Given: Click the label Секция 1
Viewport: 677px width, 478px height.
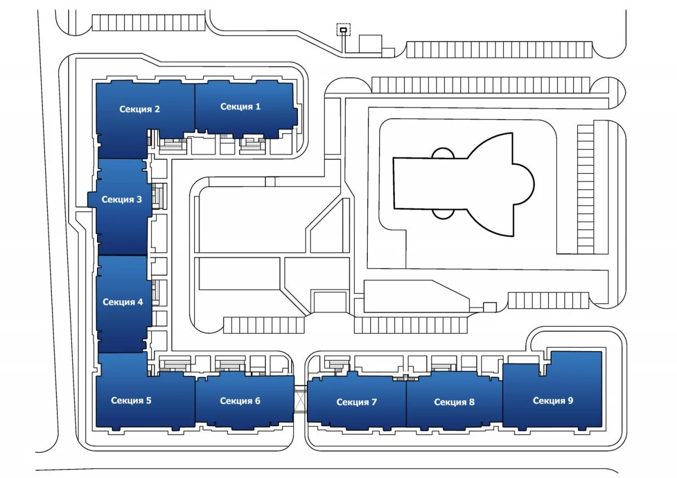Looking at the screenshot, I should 240,106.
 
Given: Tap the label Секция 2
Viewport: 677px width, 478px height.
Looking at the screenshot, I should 139,109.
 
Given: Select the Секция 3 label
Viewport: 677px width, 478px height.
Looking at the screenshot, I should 122,199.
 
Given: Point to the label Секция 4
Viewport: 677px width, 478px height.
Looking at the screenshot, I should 122,302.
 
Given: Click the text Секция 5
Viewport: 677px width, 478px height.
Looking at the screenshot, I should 131,401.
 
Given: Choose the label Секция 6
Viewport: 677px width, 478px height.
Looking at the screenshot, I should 240,401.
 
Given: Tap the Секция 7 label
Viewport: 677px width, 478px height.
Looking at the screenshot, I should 357,402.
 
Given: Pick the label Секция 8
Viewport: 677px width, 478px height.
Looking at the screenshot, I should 454,402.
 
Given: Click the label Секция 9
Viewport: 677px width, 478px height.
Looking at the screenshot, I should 553,400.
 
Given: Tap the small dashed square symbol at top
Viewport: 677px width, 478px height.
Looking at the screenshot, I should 343,29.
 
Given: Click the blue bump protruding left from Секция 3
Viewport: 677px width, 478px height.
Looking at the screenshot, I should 92,199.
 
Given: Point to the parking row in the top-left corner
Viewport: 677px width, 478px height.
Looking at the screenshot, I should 147,23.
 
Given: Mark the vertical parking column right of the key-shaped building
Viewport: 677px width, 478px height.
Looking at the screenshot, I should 586,189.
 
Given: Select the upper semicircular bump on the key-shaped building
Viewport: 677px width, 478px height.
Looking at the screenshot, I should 443,153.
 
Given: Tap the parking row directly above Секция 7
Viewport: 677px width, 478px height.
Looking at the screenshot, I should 410,324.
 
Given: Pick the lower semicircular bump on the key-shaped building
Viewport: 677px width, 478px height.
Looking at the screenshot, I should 443,213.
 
